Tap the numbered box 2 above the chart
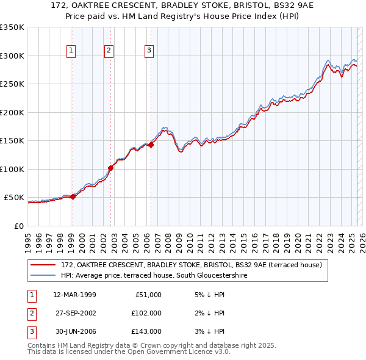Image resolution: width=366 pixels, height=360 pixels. pyautogui.click(x=109, y=51)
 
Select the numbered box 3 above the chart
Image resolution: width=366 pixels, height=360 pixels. pyautogui.click(x=149, y=51)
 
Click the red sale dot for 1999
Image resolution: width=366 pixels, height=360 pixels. pyautogui.click(x=73, y=196)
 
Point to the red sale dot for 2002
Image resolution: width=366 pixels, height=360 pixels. pyautogui.click(x=111, y=168)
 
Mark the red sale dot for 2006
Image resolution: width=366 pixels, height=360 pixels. pyautogui.click(x=151, y=145)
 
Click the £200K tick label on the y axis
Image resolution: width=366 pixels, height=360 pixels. pyautogui.click(x=12, y=112)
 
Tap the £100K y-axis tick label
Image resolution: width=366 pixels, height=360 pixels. pyautogui.click(x=12, y=169)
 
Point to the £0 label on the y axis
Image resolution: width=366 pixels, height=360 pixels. pyautogui.click(x=18, y=226)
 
